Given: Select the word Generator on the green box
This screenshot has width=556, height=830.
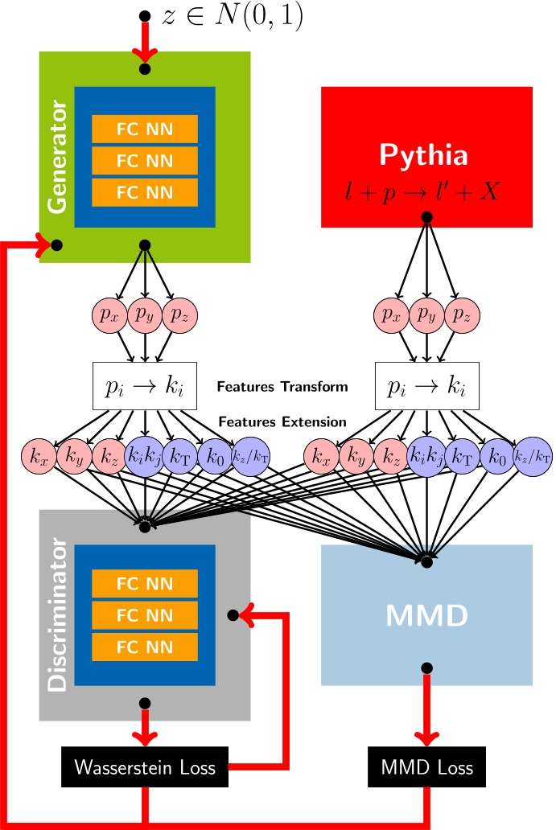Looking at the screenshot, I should click(x=58, y=157).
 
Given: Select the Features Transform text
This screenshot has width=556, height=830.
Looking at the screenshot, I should click(x=282, y=387).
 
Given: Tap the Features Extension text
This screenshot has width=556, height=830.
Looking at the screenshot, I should click(x=282, y=422).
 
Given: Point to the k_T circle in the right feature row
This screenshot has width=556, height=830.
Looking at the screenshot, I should click(x=462, y=457).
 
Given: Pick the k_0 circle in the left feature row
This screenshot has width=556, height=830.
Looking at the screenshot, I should click(x=215, y=457).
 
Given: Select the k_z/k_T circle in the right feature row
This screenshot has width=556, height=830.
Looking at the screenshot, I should click(x=533, y=457).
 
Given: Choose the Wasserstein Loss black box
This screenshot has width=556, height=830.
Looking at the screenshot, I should click(x=145, y=767).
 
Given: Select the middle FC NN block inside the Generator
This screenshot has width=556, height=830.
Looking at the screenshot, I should click(x=144, y=161).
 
